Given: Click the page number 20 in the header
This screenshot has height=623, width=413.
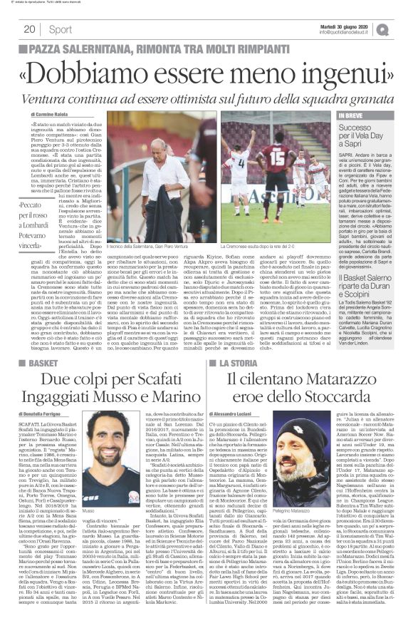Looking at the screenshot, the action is [29, 29].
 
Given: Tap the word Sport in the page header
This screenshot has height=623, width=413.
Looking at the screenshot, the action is [61, 29].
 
